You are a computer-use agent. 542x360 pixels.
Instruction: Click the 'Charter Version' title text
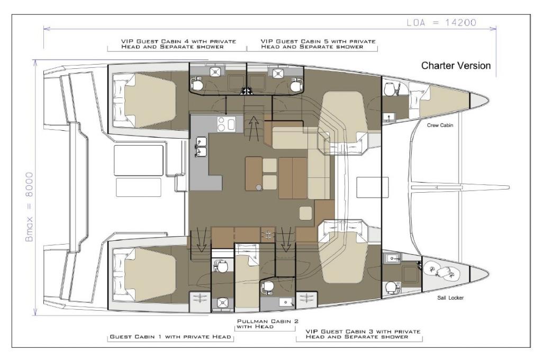[456, 66]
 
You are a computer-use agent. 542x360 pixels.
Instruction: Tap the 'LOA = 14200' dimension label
[441, 23]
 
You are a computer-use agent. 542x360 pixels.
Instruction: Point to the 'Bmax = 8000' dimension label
[30, 207]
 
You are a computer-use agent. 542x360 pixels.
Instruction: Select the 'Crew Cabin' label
[440, 125]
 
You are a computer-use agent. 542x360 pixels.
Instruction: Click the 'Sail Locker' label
[450, 298]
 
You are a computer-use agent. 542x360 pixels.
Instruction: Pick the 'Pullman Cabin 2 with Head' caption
[267, 323]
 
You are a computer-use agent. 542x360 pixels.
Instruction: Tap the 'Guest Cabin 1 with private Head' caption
[170, 337]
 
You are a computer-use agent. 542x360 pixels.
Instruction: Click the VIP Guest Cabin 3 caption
[363, 334]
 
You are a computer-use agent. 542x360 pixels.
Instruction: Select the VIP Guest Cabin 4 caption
[178, 44]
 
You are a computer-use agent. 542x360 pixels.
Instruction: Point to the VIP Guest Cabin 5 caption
[318, 44]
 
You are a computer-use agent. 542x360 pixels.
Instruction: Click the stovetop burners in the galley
[225, 124]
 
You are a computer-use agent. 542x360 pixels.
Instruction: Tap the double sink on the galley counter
[201, 146]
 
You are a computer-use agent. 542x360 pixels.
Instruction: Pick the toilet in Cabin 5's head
[296, 84]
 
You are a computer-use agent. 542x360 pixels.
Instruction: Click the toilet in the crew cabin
[390, 89]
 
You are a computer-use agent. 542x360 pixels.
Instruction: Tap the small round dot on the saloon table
[258, 187]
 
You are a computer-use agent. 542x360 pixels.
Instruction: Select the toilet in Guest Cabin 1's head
[221, 267]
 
